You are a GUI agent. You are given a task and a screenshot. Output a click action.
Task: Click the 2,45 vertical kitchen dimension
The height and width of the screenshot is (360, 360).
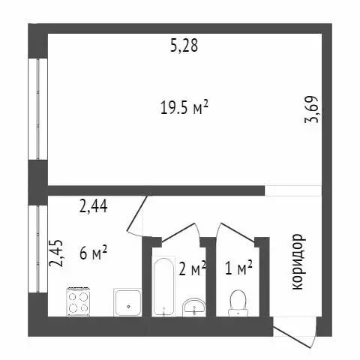click(x=55, y=253)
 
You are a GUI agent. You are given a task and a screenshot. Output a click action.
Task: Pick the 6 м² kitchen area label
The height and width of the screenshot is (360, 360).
click(x=93, y=253)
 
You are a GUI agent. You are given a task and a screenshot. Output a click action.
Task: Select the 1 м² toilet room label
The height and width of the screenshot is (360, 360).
click(x=238, y=268)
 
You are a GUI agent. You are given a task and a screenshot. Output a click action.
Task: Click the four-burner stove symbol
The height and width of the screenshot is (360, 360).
click(x=79, y=301)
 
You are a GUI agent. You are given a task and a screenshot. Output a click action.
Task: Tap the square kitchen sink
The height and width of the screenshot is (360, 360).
click(x=128, y=302)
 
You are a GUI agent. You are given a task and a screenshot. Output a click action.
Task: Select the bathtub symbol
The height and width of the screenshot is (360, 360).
click(x=162, y=288)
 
